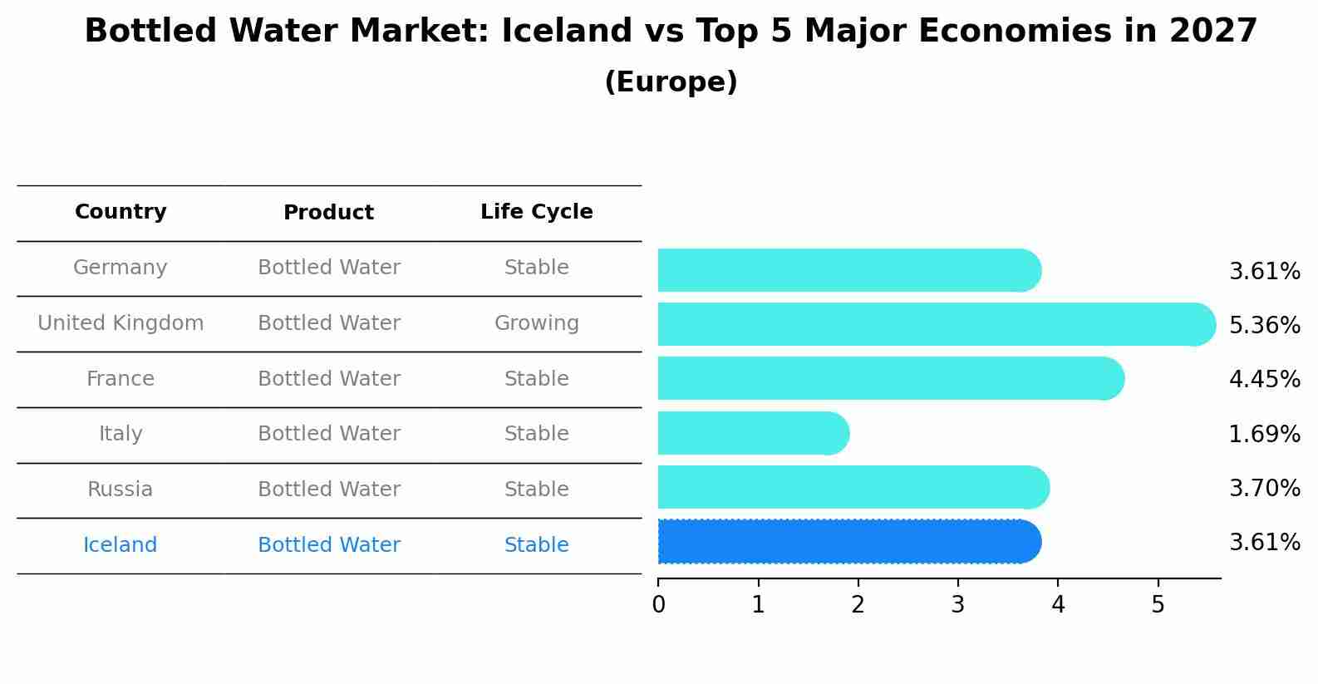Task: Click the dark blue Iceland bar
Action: pos(849,542)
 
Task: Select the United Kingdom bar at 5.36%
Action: pos(937,324)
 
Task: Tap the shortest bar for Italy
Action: pos(754,433)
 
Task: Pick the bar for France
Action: pos(892,378)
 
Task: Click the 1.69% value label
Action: pos(1265,434)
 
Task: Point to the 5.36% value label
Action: pos(1265,325)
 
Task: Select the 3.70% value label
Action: pos(1265,488)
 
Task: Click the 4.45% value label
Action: pos(1265,379)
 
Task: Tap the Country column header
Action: pos(120,211)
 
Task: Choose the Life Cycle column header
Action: pos(537,211)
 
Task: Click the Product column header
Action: pos(328,212)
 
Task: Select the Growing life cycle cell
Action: pos(537,323)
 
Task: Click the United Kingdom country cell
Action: pos(120,322)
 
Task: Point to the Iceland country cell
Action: pos(120,544)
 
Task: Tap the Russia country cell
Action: pos(120,489)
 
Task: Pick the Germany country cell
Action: pos(120,268)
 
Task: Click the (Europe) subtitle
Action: pos(671,81)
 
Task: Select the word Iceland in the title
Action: pos(567,31)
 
